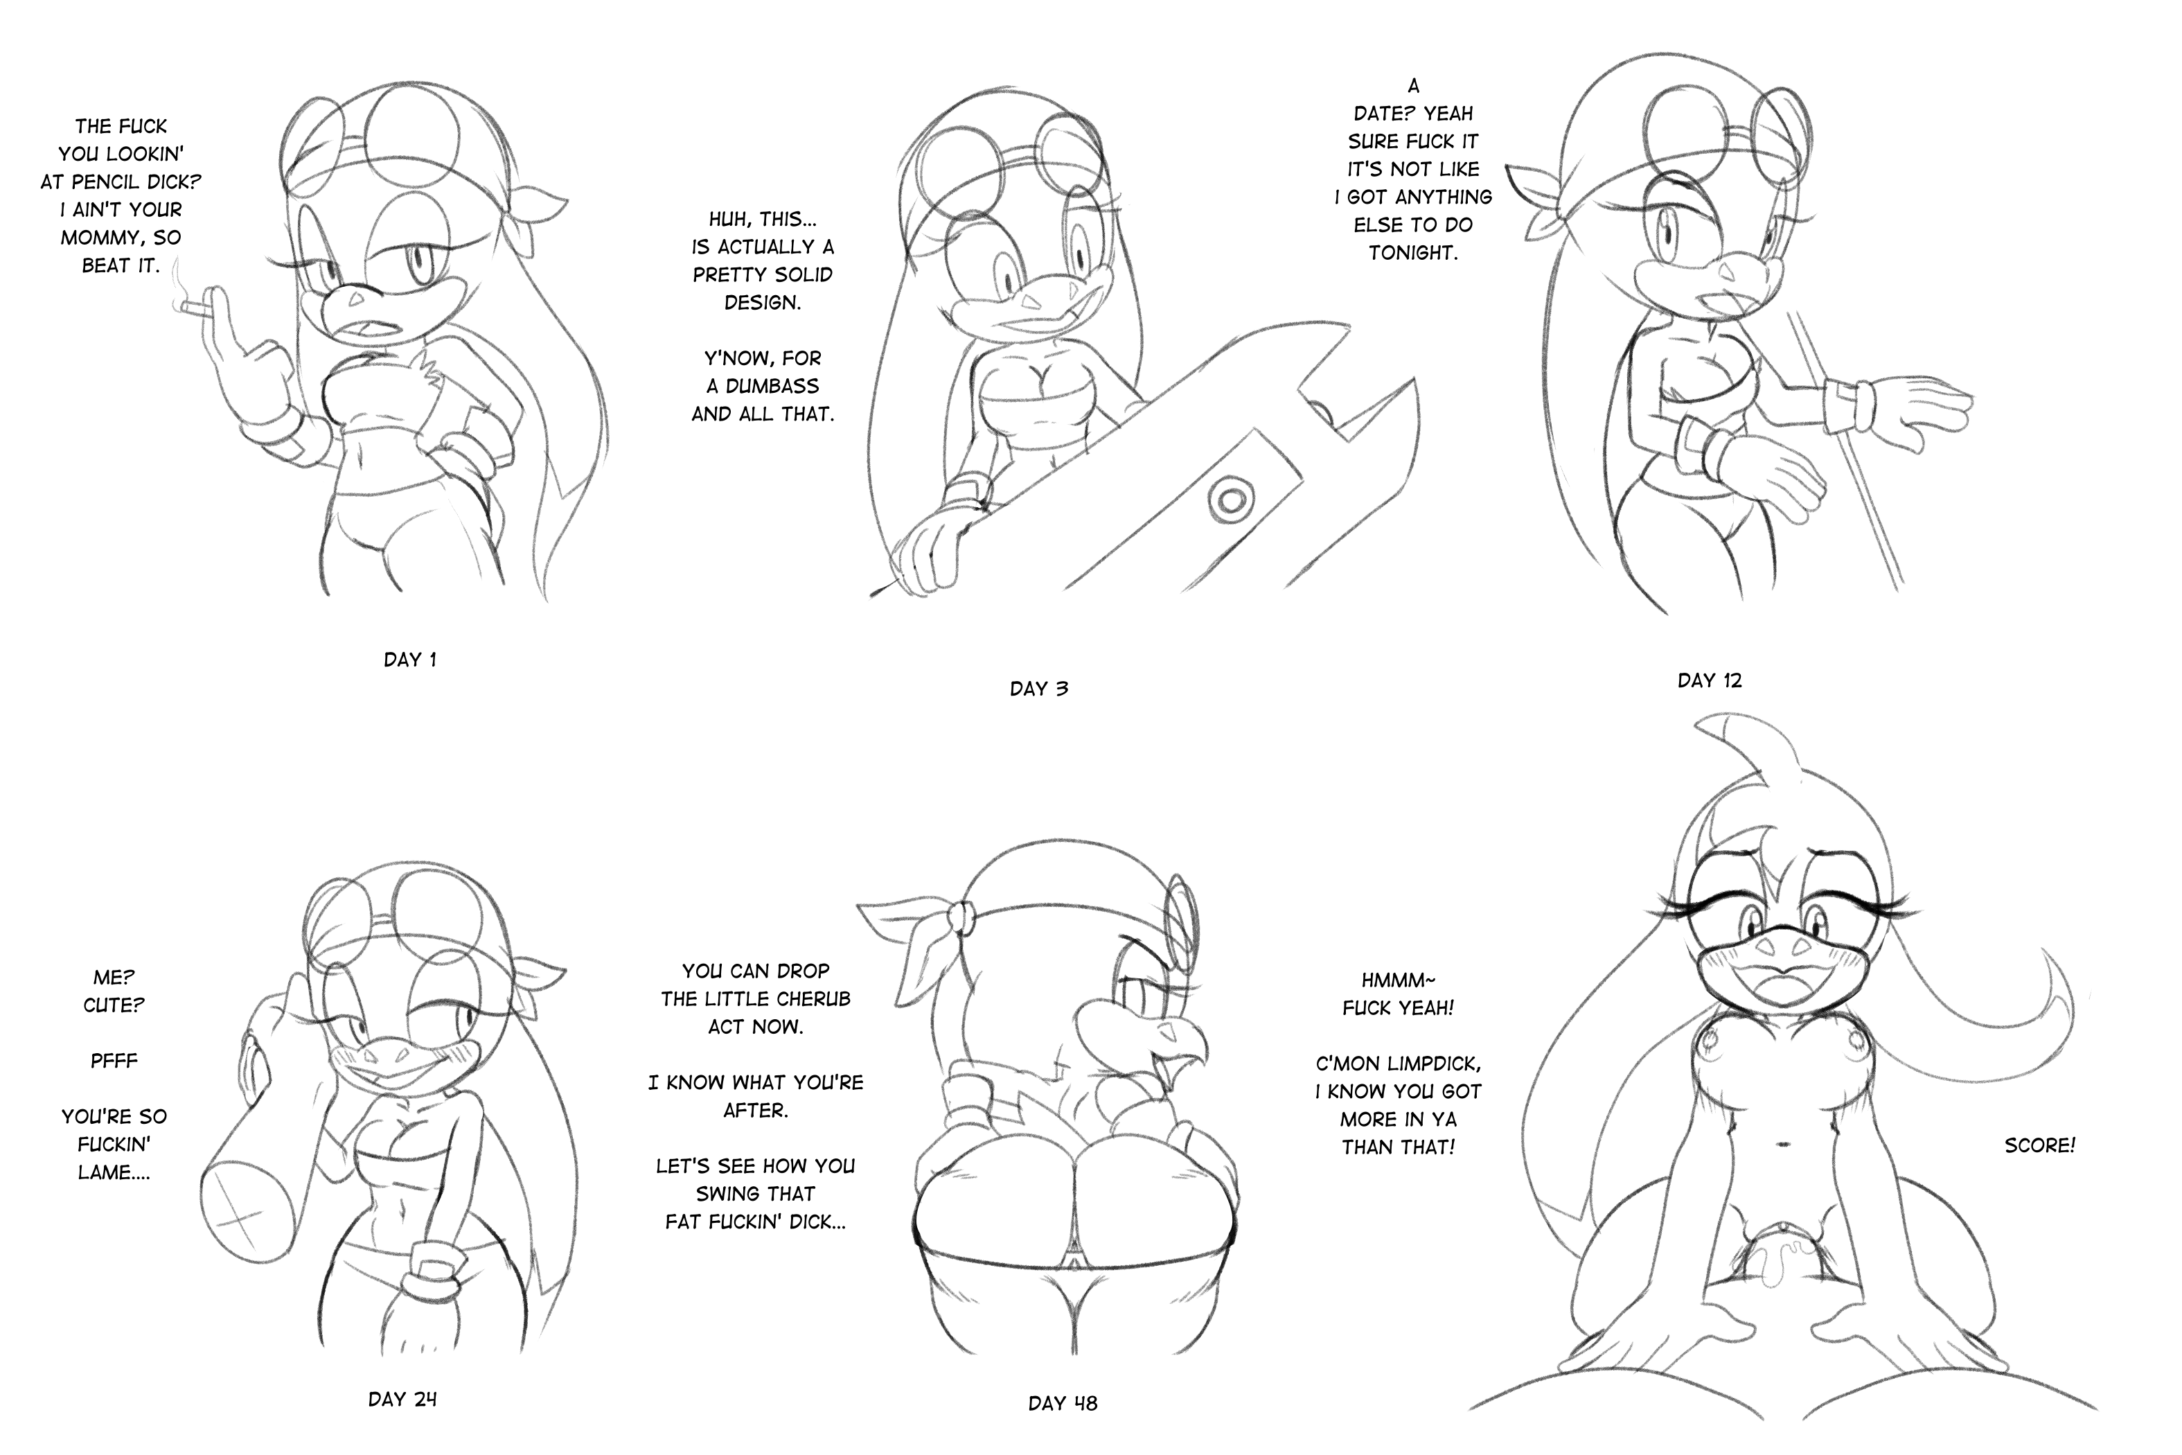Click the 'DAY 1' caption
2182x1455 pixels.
click(x=410, y=660)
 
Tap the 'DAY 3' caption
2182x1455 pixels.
click(x=1039, y=689)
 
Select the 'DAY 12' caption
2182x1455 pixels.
click(x=1710, y=680)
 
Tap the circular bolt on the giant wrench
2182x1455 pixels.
click(x=1230, y=501)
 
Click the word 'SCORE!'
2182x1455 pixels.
click(x=2040, y=1146)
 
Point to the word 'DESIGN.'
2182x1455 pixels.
click(x=762, y=303)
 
